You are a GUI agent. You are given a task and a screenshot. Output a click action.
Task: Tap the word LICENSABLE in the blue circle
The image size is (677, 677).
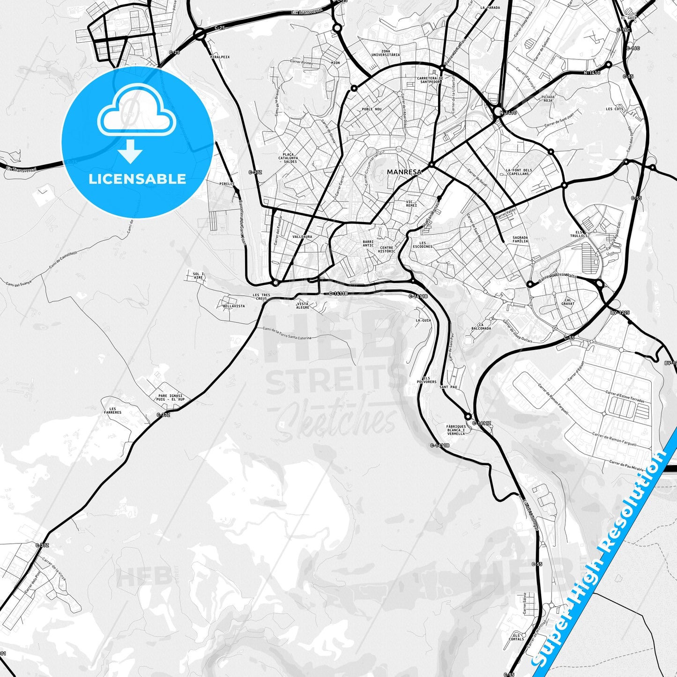coord(137,179)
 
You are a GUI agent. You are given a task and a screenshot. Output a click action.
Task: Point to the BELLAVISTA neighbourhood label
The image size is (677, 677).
coord(234,306)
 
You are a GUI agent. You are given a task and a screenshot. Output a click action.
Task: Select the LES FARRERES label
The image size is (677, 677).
coord(112,411)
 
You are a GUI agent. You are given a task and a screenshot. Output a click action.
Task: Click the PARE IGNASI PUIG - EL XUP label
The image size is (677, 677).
coord(171,398)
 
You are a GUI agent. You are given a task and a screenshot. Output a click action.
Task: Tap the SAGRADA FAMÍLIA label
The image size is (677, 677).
coord(520,239)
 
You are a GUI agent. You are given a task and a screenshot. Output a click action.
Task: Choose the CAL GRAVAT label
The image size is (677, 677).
coord(568,302)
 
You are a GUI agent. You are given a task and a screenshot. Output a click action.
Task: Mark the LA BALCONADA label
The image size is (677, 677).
coord(484,327)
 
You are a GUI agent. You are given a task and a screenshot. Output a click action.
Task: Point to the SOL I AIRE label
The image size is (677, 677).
coord(199,275)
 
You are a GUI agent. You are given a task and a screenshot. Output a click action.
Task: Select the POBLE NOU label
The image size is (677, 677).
coord(372,109)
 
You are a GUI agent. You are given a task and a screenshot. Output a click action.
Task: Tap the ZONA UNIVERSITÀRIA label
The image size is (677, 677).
coord(386,53)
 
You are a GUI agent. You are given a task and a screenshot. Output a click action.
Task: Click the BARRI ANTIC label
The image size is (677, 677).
coord(368,244)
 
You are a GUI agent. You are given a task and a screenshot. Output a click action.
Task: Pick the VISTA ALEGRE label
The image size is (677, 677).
coord(303,305)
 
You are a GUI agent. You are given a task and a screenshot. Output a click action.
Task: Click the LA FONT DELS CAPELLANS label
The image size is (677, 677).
coord(519,172)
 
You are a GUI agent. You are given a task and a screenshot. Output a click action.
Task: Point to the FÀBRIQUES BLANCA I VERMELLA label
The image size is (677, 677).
coord(456,430)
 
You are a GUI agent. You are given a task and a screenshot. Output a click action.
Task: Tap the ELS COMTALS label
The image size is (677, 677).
coord(516,637)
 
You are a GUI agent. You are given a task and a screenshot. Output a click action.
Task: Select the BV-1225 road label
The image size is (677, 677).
coord(620,312)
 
